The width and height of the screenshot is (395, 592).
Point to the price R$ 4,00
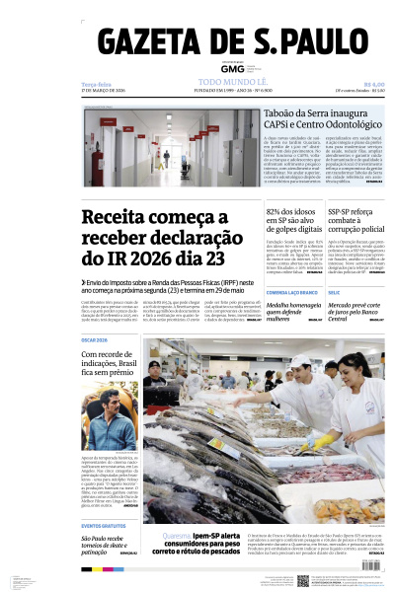[x=373, y=83]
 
